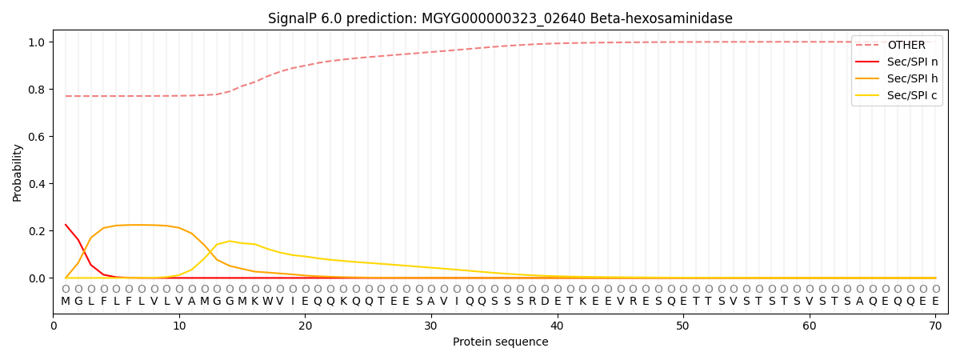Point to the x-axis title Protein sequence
pos(500,342)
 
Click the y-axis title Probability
pos(18,172)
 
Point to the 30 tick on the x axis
pos(431,326)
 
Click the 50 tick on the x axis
pos(683,326)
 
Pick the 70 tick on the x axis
pos(935,326)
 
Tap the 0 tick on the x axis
pos(54,326)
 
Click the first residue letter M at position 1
pos(66,301)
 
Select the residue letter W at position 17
pos(267,301)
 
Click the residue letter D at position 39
pos(545,301)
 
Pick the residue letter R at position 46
pos(633,301)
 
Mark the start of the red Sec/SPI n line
pos(66,225)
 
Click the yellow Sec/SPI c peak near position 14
pos(230,241)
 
